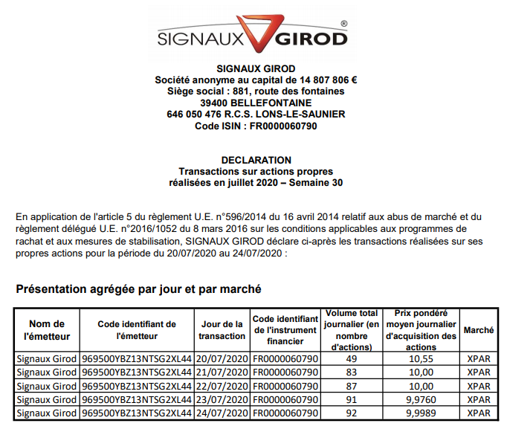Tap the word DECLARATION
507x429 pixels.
256,160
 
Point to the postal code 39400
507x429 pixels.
216,103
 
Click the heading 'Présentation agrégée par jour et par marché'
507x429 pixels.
138,288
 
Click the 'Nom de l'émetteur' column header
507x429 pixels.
47,329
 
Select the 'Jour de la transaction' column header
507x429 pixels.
222,329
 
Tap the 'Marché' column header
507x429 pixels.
479,329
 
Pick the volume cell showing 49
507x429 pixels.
352,358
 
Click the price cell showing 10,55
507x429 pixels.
422,358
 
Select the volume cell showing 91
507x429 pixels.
352,399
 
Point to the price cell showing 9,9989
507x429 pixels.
422,413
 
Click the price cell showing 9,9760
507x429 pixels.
422,399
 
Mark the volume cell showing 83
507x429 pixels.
352,372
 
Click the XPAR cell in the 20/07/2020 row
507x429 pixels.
479,358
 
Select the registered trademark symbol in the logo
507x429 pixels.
343,24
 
